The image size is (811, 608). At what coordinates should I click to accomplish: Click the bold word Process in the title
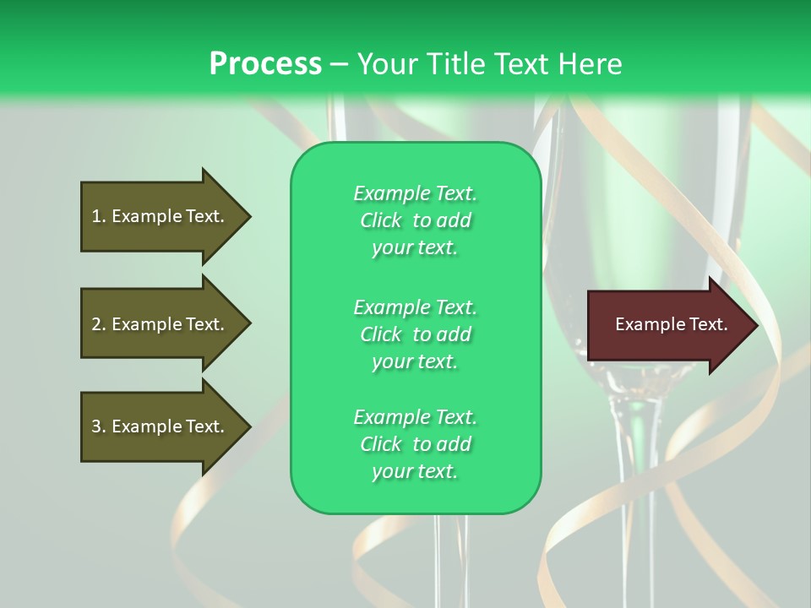coord(265,64)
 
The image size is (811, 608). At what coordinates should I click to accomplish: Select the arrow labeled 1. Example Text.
coord(161,216)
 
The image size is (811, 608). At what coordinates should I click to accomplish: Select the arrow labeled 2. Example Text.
coord(161,324)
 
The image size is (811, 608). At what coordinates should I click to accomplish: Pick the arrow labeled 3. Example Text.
coord(161,426)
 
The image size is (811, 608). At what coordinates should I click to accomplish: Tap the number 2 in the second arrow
coord(95,324)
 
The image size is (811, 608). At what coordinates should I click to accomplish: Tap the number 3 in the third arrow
coord(95,426)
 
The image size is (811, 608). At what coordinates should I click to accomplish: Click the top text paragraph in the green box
coord(415,220)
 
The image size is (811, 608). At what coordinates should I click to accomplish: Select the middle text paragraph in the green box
coord(415,334)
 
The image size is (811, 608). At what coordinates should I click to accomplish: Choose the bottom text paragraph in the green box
coord(415,444)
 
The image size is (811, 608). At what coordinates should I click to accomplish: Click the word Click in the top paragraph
coord(381,220)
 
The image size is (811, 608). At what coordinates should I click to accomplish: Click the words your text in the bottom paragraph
coord(415,472)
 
